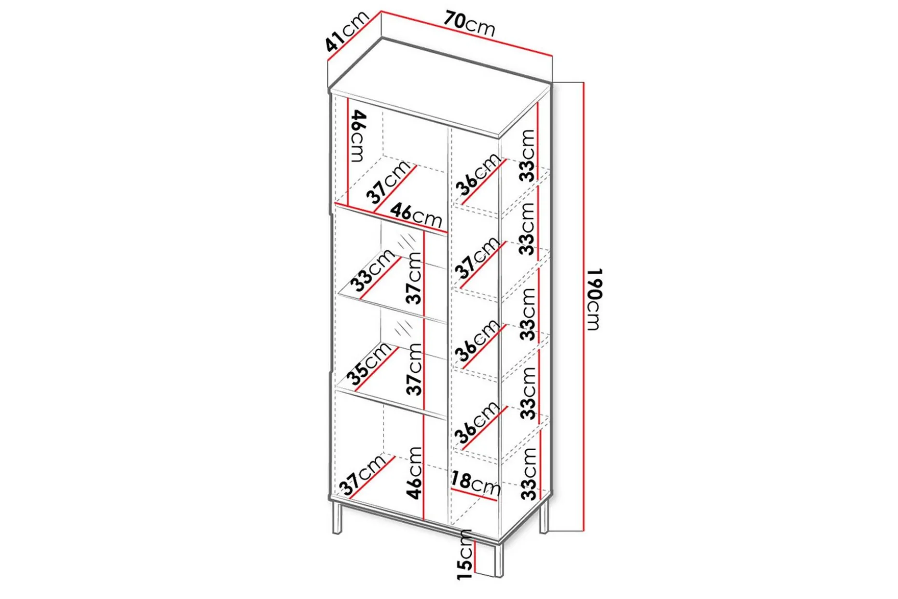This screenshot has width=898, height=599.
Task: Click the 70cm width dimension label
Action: click(469, 24)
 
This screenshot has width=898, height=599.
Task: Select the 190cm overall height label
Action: click(595, 299)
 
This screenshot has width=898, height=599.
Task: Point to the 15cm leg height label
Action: click(464, 555)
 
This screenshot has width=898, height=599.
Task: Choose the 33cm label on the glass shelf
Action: click(375, 271)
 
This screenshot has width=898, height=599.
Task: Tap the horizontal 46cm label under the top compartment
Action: click(416, 215)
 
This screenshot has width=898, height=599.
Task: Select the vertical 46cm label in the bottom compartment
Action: click(414, 472)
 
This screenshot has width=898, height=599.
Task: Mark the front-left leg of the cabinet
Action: click(337, 518)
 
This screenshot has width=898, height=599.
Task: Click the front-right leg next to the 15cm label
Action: click(498, 560)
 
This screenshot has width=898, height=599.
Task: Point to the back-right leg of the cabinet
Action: click(544, 517)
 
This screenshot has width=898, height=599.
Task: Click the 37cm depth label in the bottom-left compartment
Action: click(362, 476)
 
